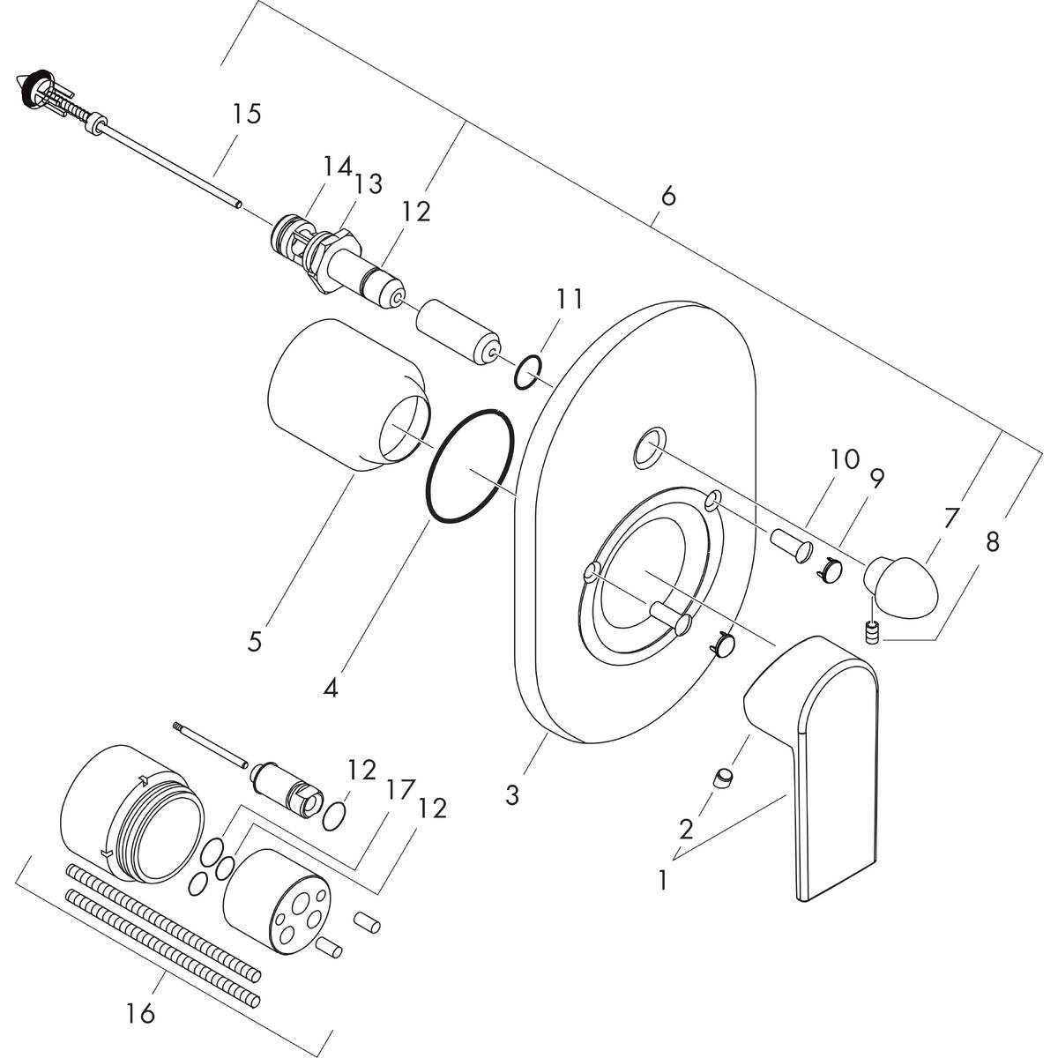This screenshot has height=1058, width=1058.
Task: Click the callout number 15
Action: (x=247, y=115)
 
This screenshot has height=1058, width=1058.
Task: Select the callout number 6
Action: (x=668, y=196)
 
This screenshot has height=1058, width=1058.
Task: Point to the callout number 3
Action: (x=511, y=795)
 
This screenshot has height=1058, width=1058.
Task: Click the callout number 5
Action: (x=254, y=641)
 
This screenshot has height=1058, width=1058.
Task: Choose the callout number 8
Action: (x=992, y=543)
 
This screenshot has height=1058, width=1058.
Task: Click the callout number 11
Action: (x=569, y=299)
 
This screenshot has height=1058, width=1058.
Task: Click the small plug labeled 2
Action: (x=726, y=778)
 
